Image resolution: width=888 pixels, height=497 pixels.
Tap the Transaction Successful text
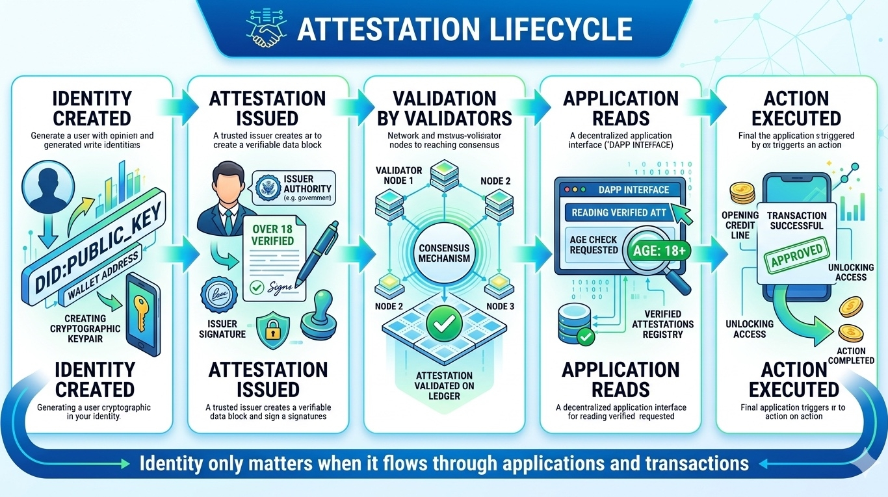(x=796, y=221)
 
